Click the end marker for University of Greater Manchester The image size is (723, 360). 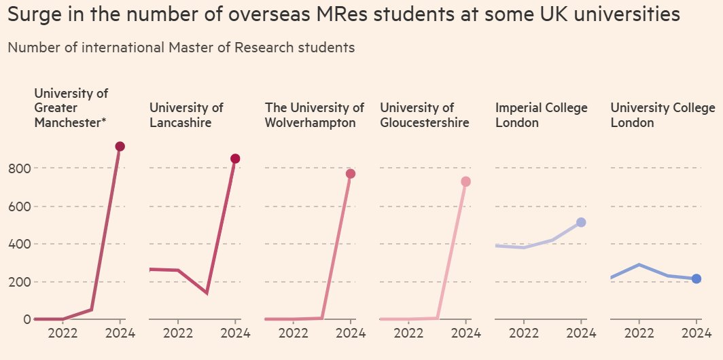pos(120,147)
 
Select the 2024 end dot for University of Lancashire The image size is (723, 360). pos(235,159)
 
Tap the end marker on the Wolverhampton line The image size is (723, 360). pos(351,174)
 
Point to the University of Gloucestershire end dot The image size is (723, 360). pos(465,181)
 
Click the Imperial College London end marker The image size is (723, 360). pos(581,222)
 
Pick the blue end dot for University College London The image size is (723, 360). pos(696,278)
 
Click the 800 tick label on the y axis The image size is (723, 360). pos(18,168)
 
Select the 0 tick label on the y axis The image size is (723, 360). pos(27,319)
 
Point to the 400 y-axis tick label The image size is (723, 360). pos(18,244)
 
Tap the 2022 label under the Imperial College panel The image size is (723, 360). pos(524,334)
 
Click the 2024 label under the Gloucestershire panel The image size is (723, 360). pos(465,334)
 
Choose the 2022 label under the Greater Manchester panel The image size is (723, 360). pos(63,334)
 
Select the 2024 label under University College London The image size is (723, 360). pos(696,334)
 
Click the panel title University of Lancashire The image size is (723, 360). pos(186,115)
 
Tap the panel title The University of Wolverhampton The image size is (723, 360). pos(314,115)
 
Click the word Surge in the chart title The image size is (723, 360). pos(33,14)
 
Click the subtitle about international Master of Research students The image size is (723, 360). pos(181,48)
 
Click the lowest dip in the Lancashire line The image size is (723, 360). pos(207,293)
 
